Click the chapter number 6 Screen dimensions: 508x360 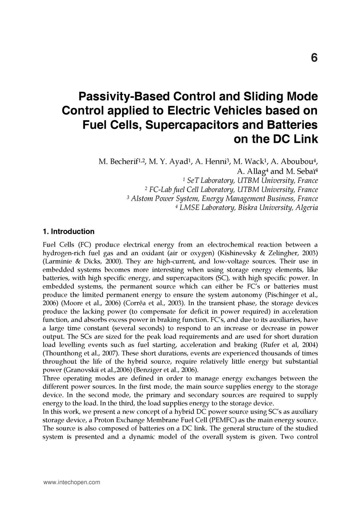click(314, 58)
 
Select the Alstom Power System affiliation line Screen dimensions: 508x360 click(222, 199)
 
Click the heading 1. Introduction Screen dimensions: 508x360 click(68, 231)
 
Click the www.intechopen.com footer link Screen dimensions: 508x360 click(71, 482)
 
